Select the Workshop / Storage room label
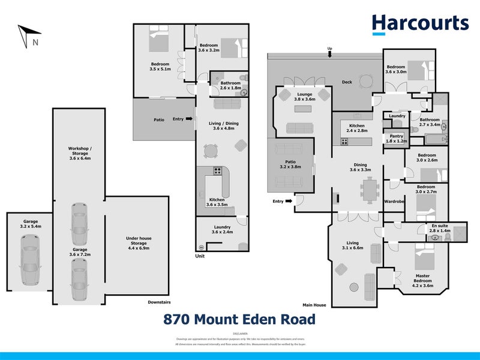point(79,154)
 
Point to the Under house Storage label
point(138,242)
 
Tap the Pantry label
point(397,139)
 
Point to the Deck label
point(347,83)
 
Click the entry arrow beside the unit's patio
point(190,119)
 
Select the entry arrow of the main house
point(290,201)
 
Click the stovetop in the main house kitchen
point(344,142)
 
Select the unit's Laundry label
point(221,229)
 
